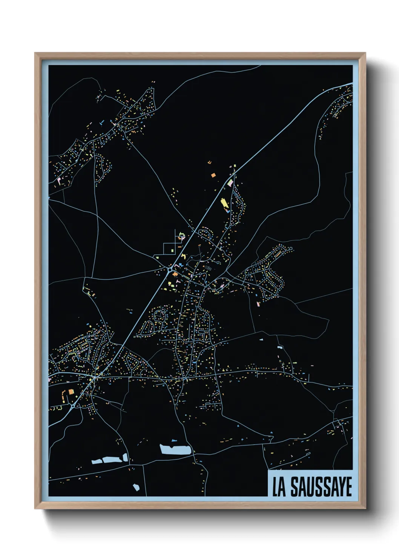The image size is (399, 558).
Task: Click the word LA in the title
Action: pos(279,487)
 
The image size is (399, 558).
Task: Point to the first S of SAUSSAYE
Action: pos(295,487)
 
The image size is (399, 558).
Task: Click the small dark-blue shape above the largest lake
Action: pos(174,440)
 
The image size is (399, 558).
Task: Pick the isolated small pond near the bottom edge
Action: pos(136,487)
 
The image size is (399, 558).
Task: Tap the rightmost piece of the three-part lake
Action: pos(124,457)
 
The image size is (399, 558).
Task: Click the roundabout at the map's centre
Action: pos(170,270)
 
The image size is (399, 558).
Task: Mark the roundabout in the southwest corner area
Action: pos(72,407)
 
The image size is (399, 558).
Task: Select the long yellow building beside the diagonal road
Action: pos(224,204)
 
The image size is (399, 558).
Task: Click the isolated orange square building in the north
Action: pos(213,175)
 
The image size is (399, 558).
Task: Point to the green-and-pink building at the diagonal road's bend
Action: pos(230,183)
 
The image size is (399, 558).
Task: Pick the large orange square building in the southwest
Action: pos(71,392)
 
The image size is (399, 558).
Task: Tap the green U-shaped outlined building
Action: pos(182,237)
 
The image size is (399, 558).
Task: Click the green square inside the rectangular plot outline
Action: pos(173,250)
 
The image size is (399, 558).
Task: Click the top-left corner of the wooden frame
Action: pos(35,53)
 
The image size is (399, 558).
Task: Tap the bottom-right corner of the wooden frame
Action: pos(365,509)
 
